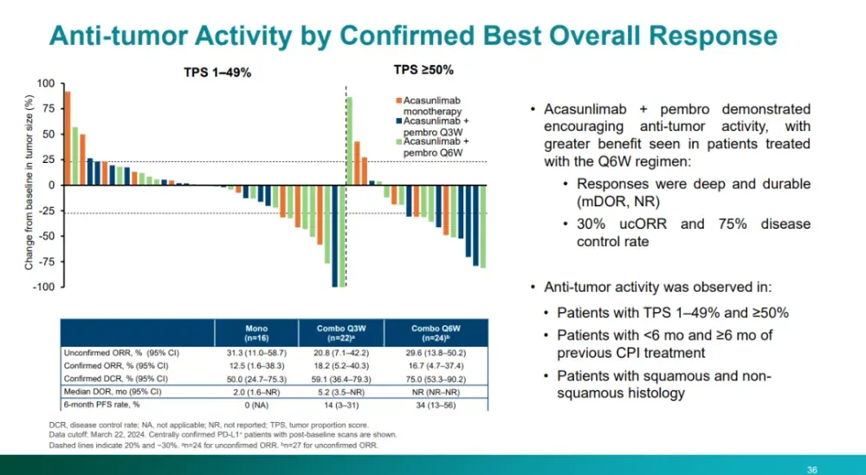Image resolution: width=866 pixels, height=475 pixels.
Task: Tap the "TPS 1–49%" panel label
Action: pyautogui.click(x=216, y=73)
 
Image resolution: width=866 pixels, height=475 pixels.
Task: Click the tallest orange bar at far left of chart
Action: pyautogui.click(x=68, y=138)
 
